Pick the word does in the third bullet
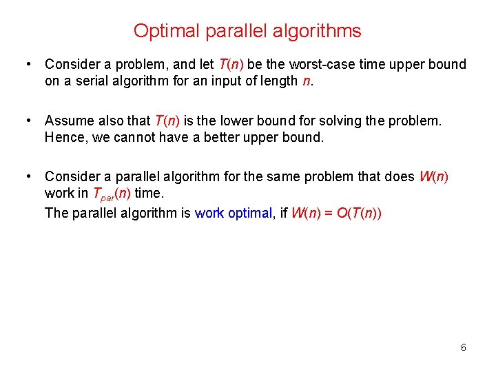point(400,176)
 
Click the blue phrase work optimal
point(234,212)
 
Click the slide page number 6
point(464,347)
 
